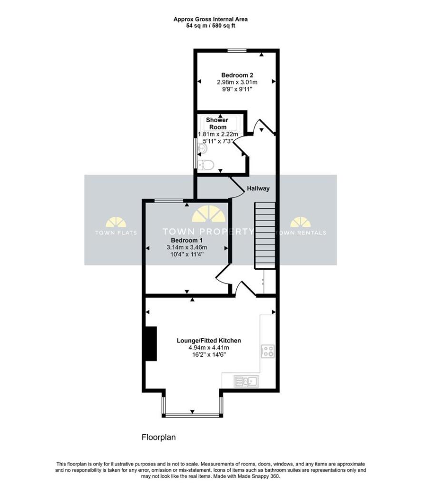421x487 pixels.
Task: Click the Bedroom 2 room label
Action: (x=237, y=75)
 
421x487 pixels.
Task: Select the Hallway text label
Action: (x=258, y=188)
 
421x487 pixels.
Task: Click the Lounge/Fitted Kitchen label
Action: (x=209, y=341)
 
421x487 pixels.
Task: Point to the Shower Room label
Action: (x=217, y=124)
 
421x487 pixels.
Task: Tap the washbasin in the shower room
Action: (x=202, y=149)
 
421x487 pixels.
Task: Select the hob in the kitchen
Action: (x=267, y=351)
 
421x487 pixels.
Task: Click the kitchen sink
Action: (x=246, y=380)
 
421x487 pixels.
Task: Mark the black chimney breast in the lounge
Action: (x=151, y=343)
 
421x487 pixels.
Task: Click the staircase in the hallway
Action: (x=265, y=235)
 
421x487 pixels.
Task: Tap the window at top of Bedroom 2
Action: (x=236, y=50)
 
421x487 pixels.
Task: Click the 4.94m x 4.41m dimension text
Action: (x=209, y=348)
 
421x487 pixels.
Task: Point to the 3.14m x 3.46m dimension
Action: (x=186, y=247)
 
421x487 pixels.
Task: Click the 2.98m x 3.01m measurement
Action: (x=237, y=82)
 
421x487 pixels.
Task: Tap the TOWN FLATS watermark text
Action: (x=116, y=233)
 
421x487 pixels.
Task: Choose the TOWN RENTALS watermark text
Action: (x=301, y=233)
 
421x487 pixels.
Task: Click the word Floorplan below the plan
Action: (x=159, y=437)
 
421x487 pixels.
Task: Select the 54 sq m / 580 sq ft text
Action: (x=210, y=26)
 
